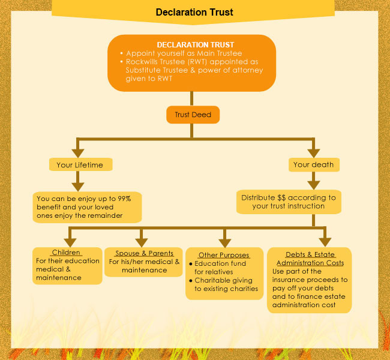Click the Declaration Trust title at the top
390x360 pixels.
point(194,12)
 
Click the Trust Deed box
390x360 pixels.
point(193,115)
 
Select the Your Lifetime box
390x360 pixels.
point(80,164)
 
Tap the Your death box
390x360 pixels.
point(313,164)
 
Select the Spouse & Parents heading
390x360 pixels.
point(143,253)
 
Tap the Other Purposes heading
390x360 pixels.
point(224,255)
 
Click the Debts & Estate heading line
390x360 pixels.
point(310,255)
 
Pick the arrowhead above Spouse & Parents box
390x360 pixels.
point(142,239)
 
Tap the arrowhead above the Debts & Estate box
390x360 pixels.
point(325,239)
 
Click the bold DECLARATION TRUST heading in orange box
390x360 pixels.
point(195,45)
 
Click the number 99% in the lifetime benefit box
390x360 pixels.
point(129,198)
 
